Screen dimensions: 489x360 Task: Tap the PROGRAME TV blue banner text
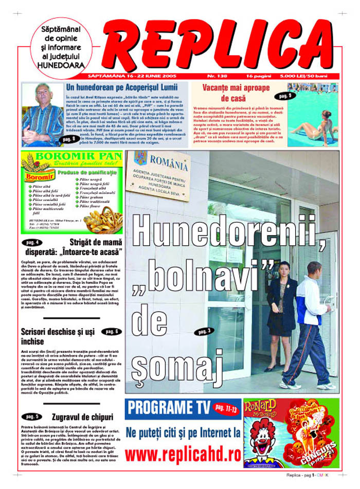click(168, 408)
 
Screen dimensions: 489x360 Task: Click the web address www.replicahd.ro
click(183, 454)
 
